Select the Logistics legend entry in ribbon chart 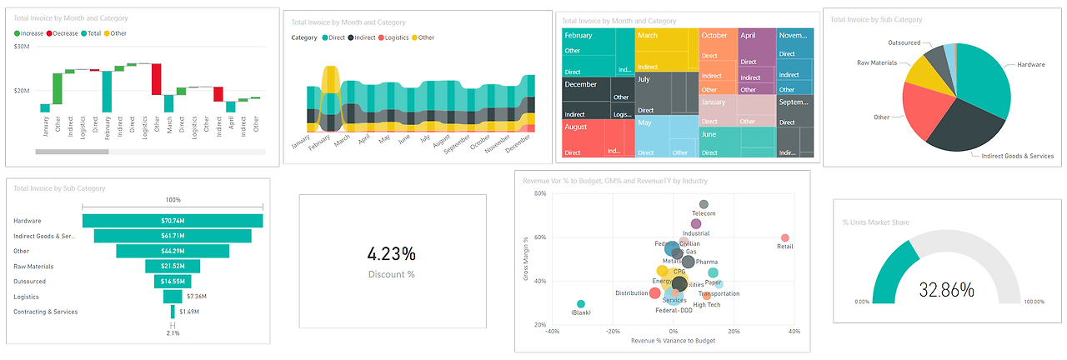click(x=398, y=37)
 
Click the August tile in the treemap click(x=576, y=127)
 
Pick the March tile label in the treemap click(x=648, y=36)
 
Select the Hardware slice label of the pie click(x=1030, y=64)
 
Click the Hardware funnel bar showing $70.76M click(x=173, y=221)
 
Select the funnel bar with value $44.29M click(x=173, y=251)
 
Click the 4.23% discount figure click(x=392, y=253)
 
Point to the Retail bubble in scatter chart click(x=784, y=238)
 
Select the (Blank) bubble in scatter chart click(x=581, y=304)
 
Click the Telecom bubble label click(x=704, y=214)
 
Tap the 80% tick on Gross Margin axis click(x=539, y=194)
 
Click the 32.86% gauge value click(x=946, y=290)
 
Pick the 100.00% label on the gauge click(x=1034, y=302)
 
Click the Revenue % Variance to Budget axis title click(x=673, y=341)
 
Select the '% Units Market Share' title click(x=875, y=222)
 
